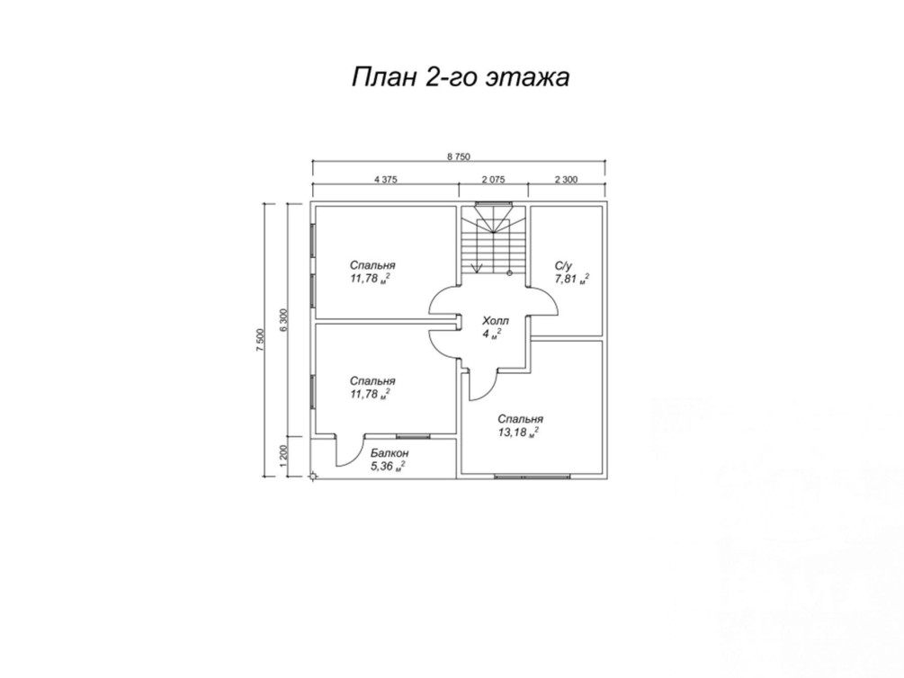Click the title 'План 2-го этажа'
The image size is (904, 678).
461,77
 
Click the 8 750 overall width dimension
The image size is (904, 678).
459,156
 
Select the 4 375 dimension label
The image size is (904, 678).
385,179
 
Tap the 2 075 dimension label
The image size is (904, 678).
493,179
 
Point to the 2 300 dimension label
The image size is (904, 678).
566,179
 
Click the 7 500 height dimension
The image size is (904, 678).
260,340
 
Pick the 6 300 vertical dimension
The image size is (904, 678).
282,320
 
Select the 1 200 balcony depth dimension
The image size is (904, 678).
282,456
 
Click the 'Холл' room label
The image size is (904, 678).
496,320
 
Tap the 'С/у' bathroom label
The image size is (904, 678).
563,266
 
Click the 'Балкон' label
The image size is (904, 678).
389,453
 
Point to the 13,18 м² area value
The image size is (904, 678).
518,433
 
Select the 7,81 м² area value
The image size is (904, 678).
572,279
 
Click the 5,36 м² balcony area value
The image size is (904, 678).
388,467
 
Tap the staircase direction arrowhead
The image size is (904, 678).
477,267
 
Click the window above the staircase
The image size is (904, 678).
494,202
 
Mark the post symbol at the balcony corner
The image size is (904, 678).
313,477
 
